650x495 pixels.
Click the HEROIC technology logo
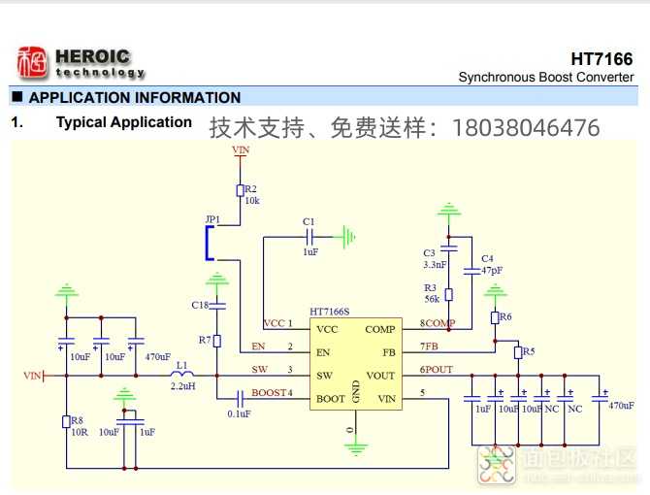point(80,63)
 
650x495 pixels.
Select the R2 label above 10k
point(250,189)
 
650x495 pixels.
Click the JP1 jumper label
point(212,219)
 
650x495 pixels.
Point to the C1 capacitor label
point(309,222)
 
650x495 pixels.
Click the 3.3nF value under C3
point(435,264)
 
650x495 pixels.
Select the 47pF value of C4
point(492,270)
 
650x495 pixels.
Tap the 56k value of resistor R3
point(433,300)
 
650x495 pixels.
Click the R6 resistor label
point(506,317)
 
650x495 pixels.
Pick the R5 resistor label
point(529,351)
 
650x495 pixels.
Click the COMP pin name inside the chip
point(379,329)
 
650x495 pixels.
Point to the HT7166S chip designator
point(330,313)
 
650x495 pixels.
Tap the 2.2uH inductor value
point(182,386)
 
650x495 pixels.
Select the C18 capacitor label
point(200,306)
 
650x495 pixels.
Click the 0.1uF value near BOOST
point(238,413)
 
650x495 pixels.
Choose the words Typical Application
point(124,122)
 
